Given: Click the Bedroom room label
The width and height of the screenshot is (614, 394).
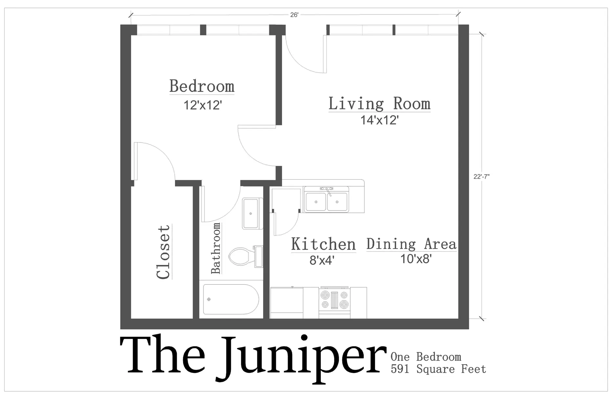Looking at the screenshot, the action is (202, 86).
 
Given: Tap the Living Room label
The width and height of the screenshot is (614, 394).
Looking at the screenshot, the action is (379, 103).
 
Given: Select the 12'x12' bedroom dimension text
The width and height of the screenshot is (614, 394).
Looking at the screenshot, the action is (203, 105).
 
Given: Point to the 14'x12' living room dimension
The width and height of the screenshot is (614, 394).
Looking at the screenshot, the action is (380, 120).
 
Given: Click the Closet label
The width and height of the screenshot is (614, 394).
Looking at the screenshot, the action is (163, 252).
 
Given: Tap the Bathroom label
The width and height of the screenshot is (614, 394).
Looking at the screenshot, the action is (215, 248).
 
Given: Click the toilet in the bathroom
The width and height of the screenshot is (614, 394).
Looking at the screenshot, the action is (246, 256).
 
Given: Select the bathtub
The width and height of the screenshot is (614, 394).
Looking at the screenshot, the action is (231, 299).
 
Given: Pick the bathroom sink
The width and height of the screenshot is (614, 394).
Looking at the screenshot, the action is (252, 213).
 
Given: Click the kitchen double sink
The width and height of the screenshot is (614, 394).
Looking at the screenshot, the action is (326, 200).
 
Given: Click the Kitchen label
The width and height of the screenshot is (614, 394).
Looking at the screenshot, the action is (323, 244).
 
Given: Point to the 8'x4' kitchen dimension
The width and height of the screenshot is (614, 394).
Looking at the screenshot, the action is (322, 260).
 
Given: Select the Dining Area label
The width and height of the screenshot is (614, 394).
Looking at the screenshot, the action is (411, 244).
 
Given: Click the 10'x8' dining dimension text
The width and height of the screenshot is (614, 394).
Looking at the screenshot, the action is (416, 259).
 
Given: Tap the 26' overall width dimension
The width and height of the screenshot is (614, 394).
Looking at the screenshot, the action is (294, 15).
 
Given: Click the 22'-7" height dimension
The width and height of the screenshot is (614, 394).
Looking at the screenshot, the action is (482, 177).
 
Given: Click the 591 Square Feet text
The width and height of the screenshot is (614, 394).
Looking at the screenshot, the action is (438, 369).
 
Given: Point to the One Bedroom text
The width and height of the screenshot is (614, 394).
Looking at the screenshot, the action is (426, 357).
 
